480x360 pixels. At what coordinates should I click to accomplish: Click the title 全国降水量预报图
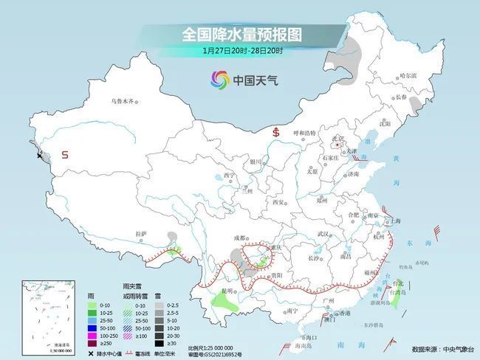point(242,34)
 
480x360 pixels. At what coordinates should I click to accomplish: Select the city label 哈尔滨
point(408,75)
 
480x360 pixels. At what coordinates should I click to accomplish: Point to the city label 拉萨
point(141,234)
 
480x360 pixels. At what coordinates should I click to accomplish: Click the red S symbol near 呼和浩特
point(276,133)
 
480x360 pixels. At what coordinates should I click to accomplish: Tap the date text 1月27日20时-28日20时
point(242,50)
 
